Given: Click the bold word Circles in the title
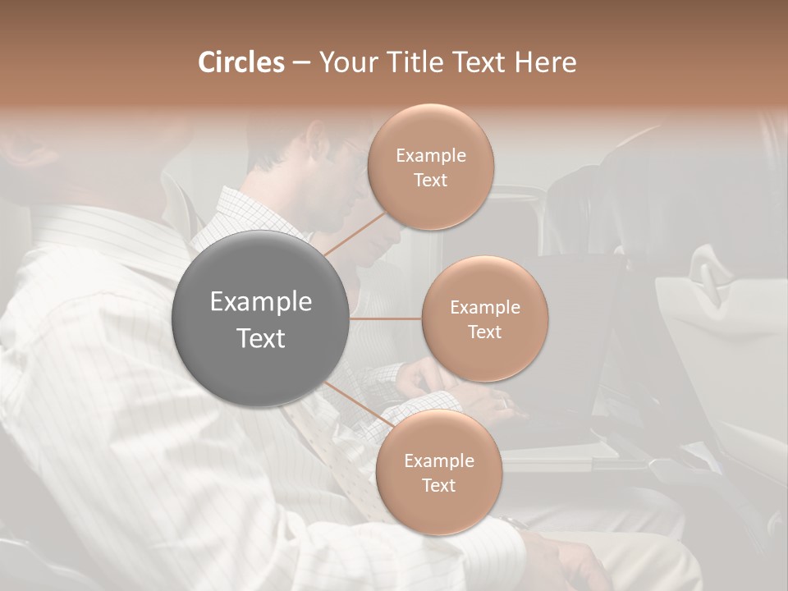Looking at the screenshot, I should [241, 62].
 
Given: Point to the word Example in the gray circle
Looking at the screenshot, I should [261, 302].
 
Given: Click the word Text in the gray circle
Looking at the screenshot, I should [261, 338].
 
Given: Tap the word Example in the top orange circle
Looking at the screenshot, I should [431, 156].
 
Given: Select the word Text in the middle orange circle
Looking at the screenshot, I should [484, 332].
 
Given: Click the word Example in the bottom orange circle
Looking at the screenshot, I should [438, 461].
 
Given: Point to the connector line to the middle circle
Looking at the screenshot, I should [386, 318].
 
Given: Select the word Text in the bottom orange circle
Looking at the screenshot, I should [438, 486].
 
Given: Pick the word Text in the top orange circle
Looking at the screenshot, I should [431, 181].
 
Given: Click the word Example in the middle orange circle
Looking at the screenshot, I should [484, 308].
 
